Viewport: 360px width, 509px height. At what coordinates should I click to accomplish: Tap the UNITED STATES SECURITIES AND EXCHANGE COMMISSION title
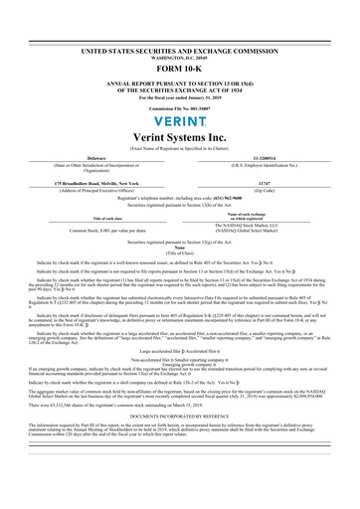coord(180,48)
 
